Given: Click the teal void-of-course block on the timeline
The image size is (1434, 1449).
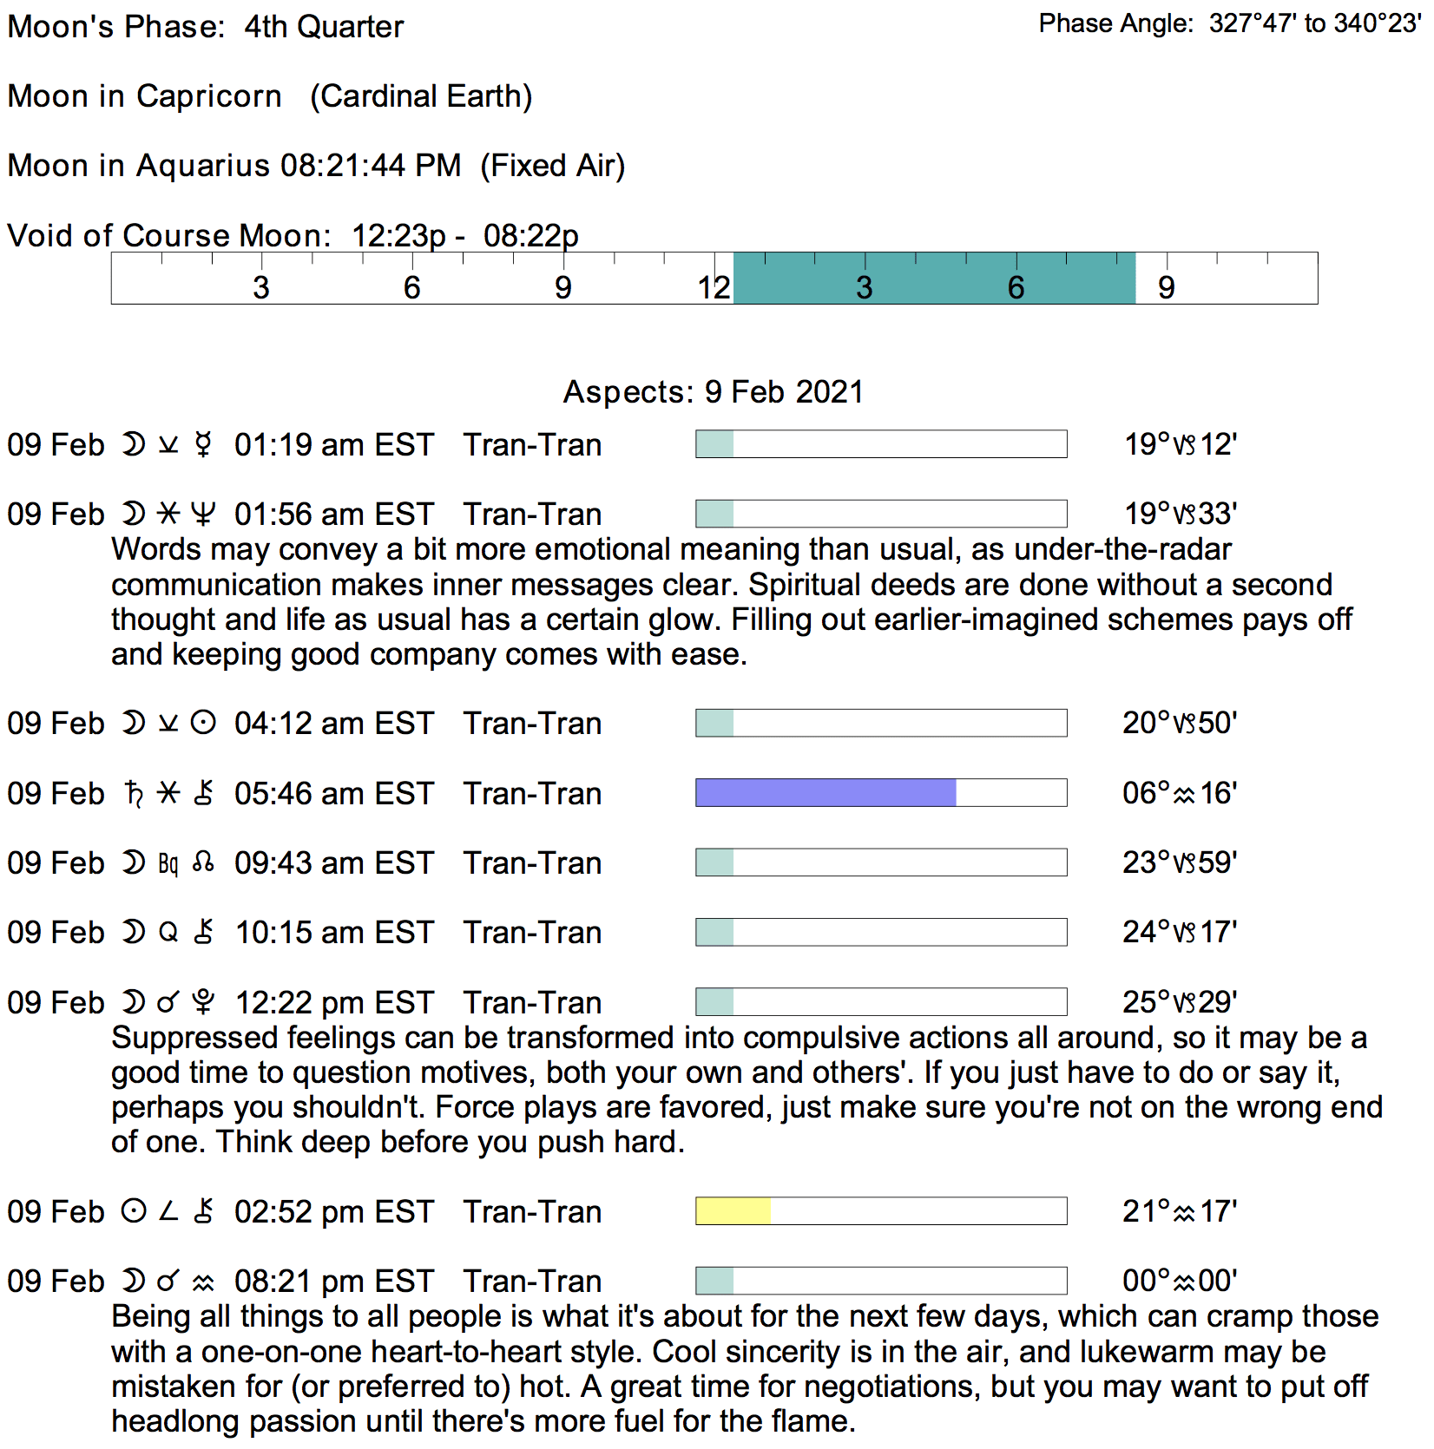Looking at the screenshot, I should (x=934, y=279).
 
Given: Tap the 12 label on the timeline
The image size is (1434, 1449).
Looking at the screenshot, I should (x=714, y=287).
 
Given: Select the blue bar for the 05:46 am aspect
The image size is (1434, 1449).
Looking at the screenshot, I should (x=826, y=793).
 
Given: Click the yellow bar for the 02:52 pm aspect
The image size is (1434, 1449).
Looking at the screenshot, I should (x=733, y=1211).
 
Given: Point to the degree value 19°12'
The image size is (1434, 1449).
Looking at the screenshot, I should (x=1181, y=444).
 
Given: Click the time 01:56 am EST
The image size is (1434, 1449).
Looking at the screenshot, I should (x=333, y=515).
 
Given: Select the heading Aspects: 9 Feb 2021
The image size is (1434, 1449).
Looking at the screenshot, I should (x=714, y=392).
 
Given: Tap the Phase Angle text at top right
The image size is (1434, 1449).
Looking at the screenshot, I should (x=1229, y=23).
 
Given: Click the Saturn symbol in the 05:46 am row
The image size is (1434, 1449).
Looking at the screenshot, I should (x=134, y=793).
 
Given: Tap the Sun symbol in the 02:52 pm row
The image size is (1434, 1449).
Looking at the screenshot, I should (x=134, y=1211).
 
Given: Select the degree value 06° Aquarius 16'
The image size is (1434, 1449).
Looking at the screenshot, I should (x=1180, y=793).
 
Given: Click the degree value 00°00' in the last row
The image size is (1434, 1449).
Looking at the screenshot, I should (x=1180, y=1281).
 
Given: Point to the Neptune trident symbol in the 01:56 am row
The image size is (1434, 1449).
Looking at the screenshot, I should (x=203, y=515).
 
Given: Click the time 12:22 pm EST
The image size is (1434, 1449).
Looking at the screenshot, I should (x=334, y=1003).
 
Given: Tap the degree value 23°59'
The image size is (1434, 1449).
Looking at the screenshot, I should (x=1180, y=862).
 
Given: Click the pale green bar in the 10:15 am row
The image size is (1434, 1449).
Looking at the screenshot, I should (x=715, y=933).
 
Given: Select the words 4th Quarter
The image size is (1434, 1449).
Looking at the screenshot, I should (x=324, y=27).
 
